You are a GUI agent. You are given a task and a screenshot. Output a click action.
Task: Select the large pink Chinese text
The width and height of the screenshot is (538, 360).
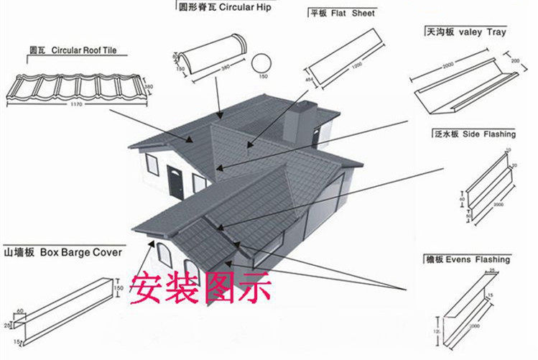pos(200,288)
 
